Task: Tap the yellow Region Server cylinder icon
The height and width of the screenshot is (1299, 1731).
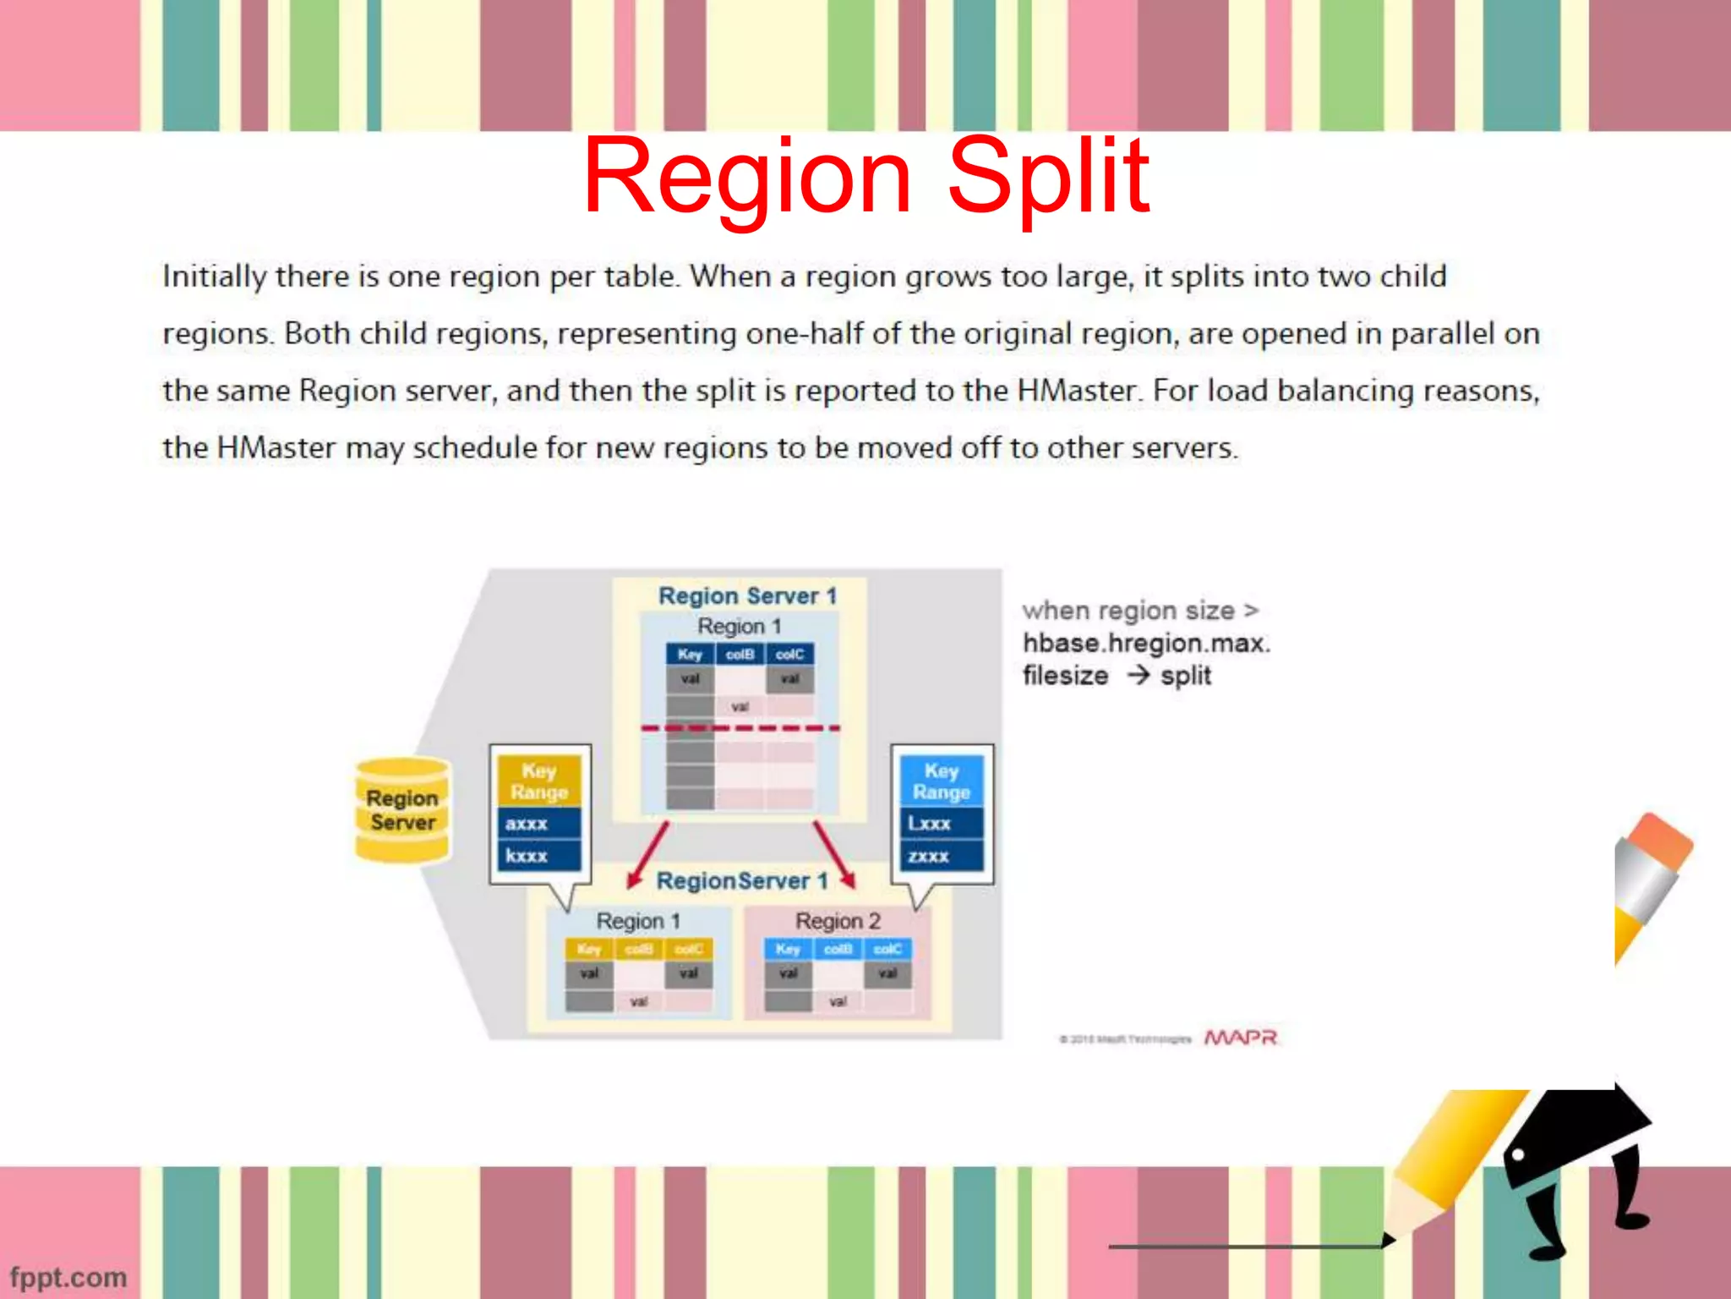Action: pos(402,810)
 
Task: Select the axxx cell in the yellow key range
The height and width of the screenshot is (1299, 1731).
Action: pos(538,824)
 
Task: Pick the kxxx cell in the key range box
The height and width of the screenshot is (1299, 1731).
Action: pos(538,856)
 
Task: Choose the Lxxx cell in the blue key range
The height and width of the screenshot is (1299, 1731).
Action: pos(941,824)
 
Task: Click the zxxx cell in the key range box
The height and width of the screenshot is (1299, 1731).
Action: pos(941,856)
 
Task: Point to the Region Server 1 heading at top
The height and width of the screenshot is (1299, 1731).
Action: pos(747,596)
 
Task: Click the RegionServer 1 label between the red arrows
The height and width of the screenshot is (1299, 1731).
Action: pos(741,881)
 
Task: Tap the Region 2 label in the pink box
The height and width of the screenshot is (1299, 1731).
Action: pos(838,921)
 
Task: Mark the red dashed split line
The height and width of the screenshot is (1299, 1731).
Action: pos(740,728)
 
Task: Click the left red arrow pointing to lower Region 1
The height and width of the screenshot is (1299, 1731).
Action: pos(648,854)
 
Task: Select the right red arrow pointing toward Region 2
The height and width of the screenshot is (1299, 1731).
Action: pos(834,854)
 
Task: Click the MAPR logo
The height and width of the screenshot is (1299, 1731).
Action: pos(1240,1038)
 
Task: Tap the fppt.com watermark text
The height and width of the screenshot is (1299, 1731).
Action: pos(68,1277)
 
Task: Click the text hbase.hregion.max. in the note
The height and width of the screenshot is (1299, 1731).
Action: pos(1146,644)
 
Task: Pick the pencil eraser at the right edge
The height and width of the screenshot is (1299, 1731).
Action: pos(1658,841)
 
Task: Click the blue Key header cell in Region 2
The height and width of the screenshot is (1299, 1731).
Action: pos(788,949)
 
